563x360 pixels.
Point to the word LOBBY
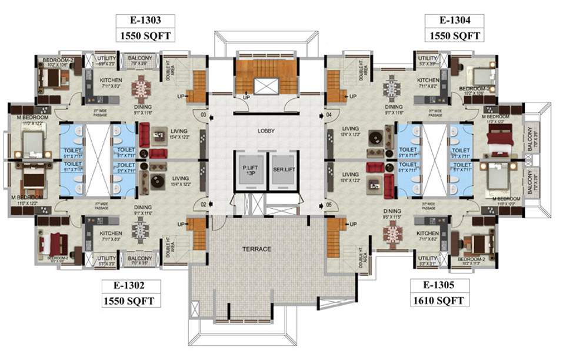tap(266, 131)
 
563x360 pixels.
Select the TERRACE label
tap(258, 249)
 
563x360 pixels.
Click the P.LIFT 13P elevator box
tap(248, 171)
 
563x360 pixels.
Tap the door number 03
tap(204, 114)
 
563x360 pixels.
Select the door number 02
tap(204, 204)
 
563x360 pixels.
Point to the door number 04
tap(328, 114)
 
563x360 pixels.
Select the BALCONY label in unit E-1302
tap(139, 258)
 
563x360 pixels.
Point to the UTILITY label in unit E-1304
tap(428, 59)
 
